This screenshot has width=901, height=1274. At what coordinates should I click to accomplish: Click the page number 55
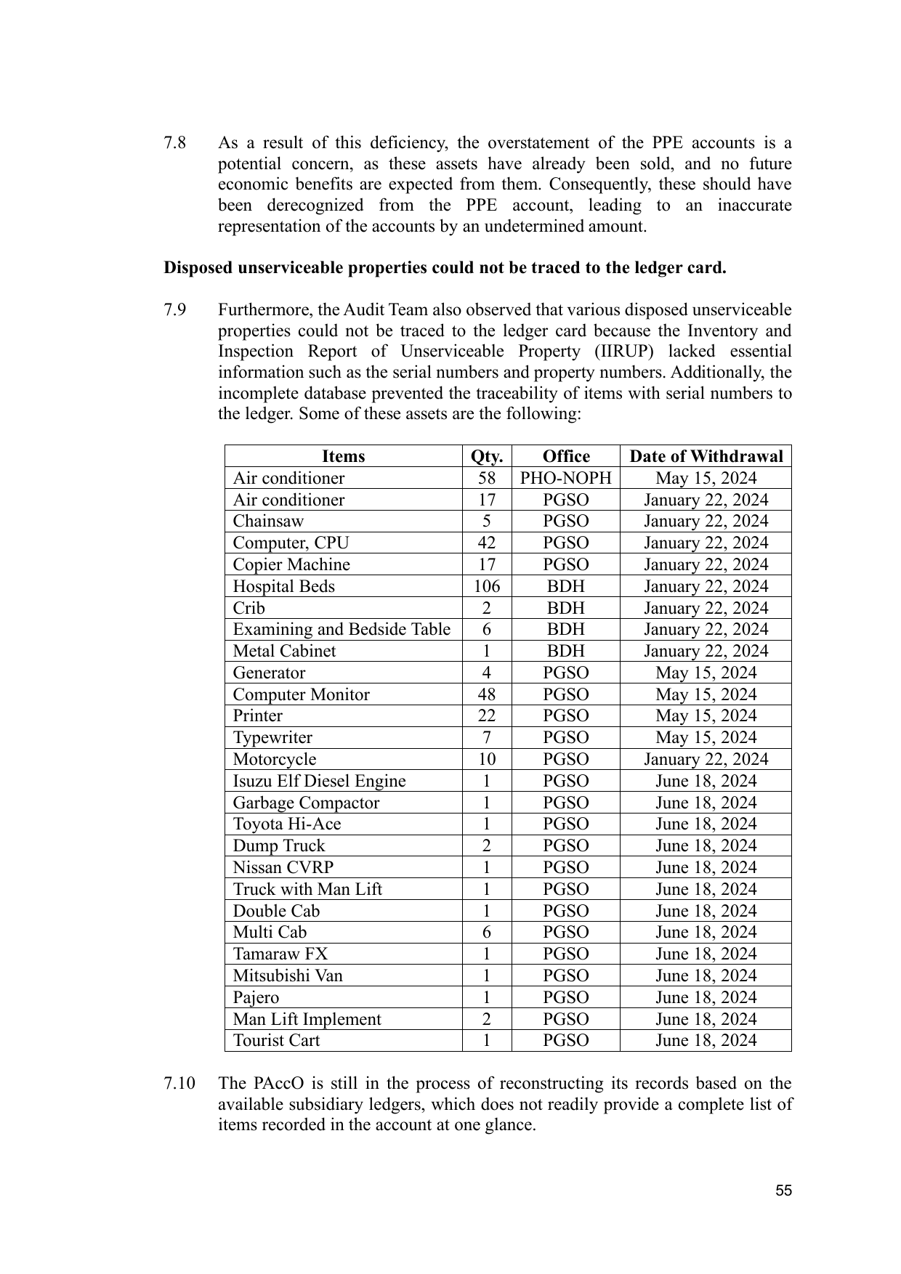pos(783,1190)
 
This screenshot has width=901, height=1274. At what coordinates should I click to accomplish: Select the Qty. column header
pos(487,456)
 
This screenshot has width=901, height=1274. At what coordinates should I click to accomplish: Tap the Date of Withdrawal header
pos(706,456)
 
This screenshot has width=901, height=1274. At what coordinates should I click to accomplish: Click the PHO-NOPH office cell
pos(566,478)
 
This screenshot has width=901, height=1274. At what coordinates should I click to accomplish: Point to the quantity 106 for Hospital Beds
pos(487,586)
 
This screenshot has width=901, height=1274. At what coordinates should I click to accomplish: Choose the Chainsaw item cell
pos(268,521)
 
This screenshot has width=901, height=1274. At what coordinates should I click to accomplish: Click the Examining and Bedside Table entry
pos(342,629)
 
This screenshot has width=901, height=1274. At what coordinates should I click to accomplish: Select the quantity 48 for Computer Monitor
pos(487,694)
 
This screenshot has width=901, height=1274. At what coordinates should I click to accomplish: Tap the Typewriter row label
pos(272,737)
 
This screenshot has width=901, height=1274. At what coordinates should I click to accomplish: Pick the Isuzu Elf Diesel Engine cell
pos(319,781)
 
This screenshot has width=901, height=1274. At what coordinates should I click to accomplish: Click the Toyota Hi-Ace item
pos(286,824)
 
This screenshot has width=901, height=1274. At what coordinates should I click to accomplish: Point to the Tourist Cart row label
pos(276,1040)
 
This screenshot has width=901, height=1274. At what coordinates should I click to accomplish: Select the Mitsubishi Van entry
pos(288,975)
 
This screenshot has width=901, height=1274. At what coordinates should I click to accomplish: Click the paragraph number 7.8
pos(174,142)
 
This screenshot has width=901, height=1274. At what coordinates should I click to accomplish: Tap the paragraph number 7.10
pos(179,1083)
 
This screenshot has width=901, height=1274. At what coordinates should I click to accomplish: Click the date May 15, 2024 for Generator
pos(706,673)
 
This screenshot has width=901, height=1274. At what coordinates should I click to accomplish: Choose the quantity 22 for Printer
pos(487,715)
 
